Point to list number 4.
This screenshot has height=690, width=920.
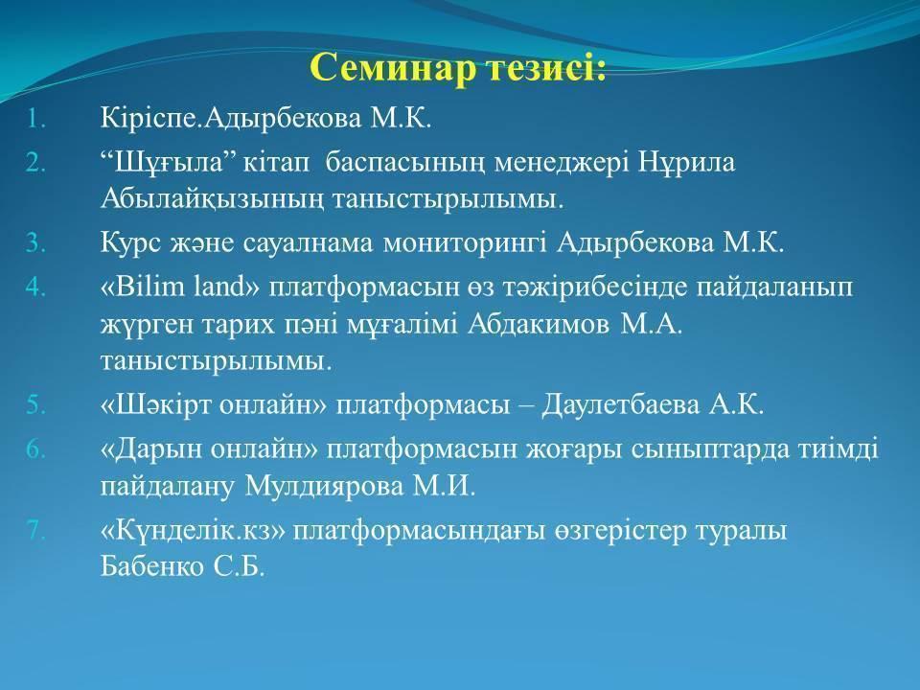pos(35,287)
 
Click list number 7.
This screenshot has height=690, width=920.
pos(35,530)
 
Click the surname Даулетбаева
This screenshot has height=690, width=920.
pos(620,405)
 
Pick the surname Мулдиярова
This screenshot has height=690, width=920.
pos(324,487)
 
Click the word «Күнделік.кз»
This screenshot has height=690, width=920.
pos(193,530)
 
